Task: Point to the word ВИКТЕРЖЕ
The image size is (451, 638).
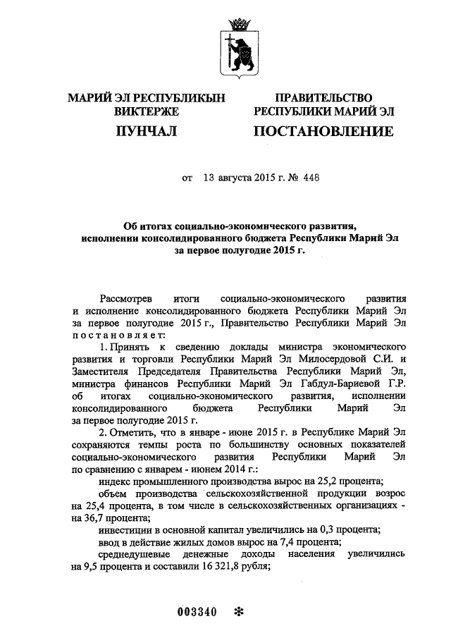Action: pyautogui.click(x=146, y=111)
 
